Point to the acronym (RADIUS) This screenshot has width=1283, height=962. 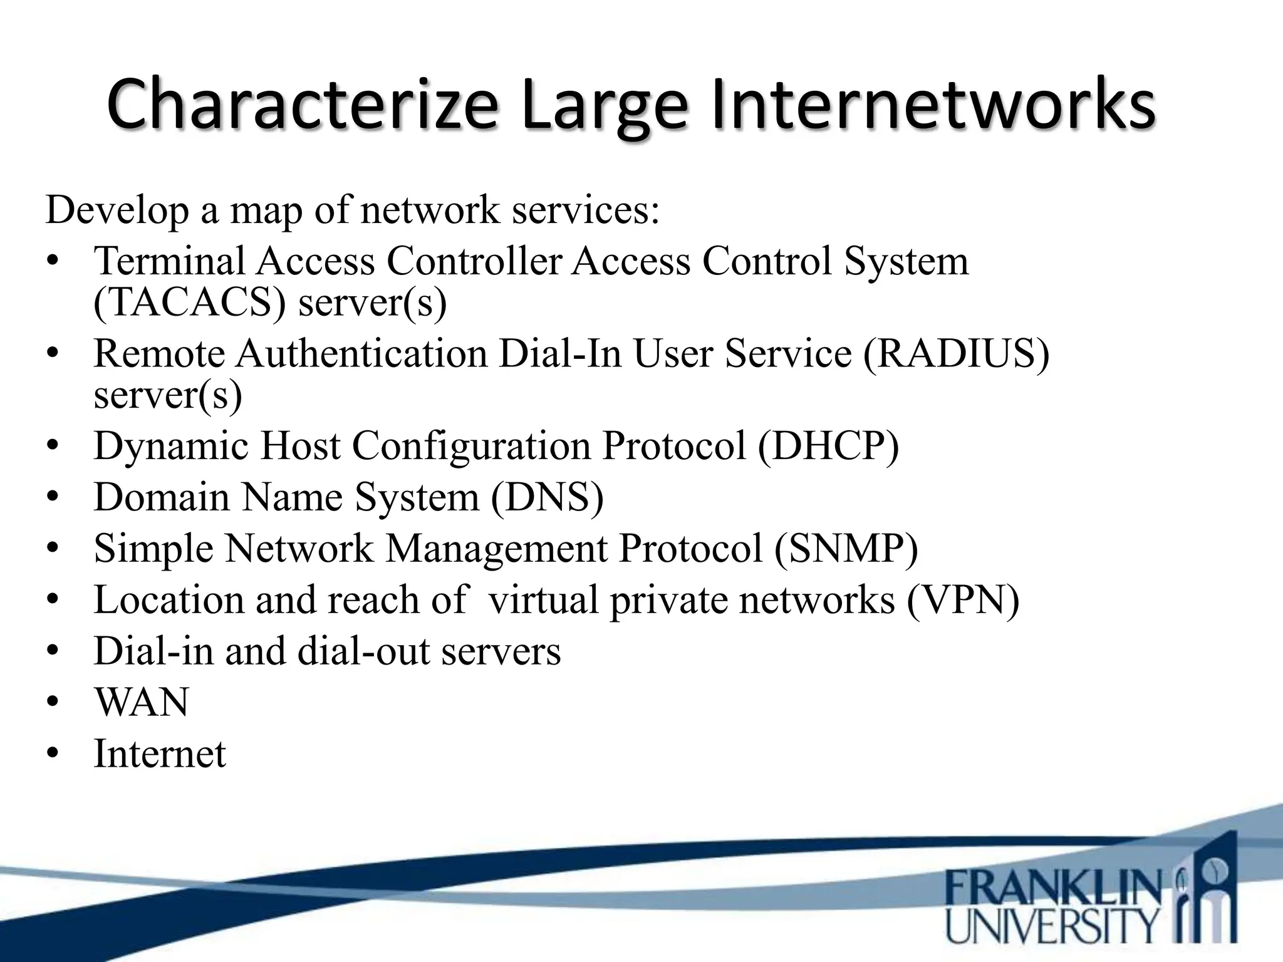pos(956,353)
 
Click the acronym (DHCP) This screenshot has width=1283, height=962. pos(828,446)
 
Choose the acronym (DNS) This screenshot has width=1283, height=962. pos(547,497)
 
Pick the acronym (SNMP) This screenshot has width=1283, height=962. pos(846,549)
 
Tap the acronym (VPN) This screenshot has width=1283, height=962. pos(963,600)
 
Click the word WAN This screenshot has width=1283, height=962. pos(142,703)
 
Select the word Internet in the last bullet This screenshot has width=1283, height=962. pos(160,753)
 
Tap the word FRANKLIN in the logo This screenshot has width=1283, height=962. pos(1053,887)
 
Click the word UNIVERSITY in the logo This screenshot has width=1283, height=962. pos(1052,926)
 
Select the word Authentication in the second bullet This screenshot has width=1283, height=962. pos(361,353)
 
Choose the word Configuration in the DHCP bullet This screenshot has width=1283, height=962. pos(471,446)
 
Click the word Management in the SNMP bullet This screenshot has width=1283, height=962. pos(496,549)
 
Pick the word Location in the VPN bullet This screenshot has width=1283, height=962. pos(169,600)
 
